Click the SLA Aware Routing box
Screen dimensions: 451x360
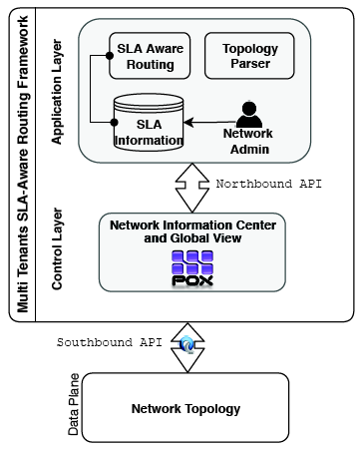(151, 56)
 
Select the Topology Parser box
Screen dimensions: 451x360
(249, 56)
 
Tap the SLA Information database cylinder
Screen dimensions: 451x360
(149, 124)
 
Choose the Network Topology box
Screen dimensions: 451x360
(185, 408)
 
